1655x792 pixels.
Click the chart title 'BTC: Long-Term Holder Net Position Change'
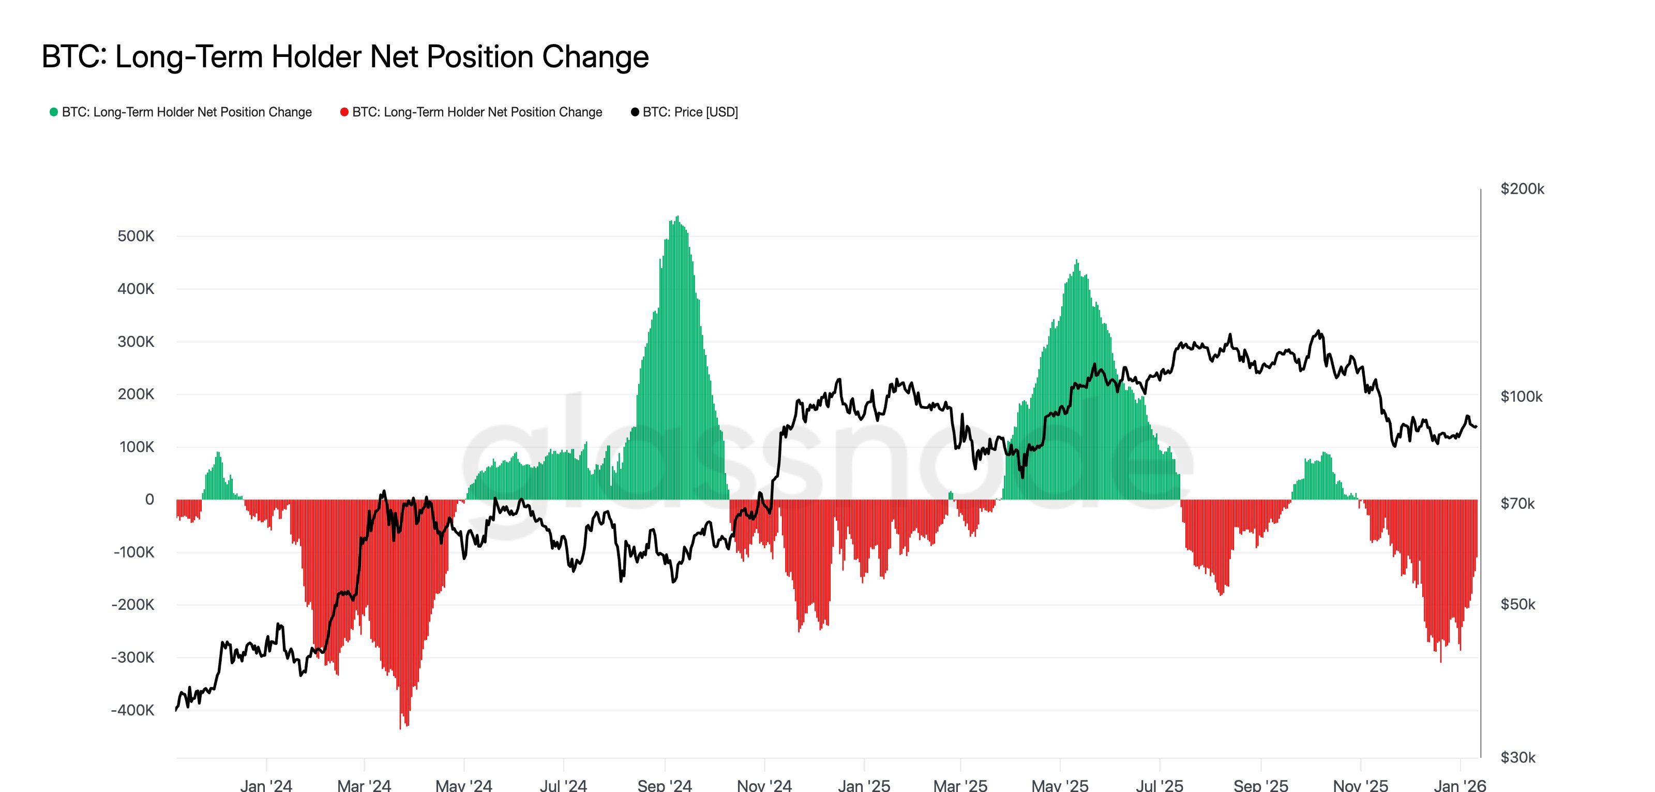345,56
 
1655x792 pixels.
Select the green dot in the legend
54,112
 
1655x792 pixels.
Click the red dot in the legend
344,112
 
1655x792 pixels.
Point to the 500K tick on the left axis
136,237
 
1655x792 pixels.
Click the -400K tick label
132,710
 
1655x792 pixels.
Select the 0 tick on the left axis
149,500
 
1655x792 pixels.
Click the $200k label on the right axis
1522,189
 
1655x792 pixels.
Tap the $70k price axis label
1517,503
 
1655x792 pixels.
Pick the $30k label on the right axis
1517,757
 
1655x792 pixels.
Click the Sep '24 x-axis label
664,785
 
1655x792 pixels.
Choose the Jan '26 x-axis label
1460,785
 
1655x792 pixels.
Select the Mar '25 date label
960,785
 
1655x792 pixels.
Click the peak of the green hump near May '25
1077,261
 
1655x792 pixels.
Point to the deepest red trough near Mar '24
400,727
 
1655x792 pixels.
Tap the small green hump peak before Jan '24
218,452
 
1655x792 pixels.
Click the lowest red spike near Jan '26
1440,661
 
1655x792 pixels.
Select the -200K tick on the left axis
132,605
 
